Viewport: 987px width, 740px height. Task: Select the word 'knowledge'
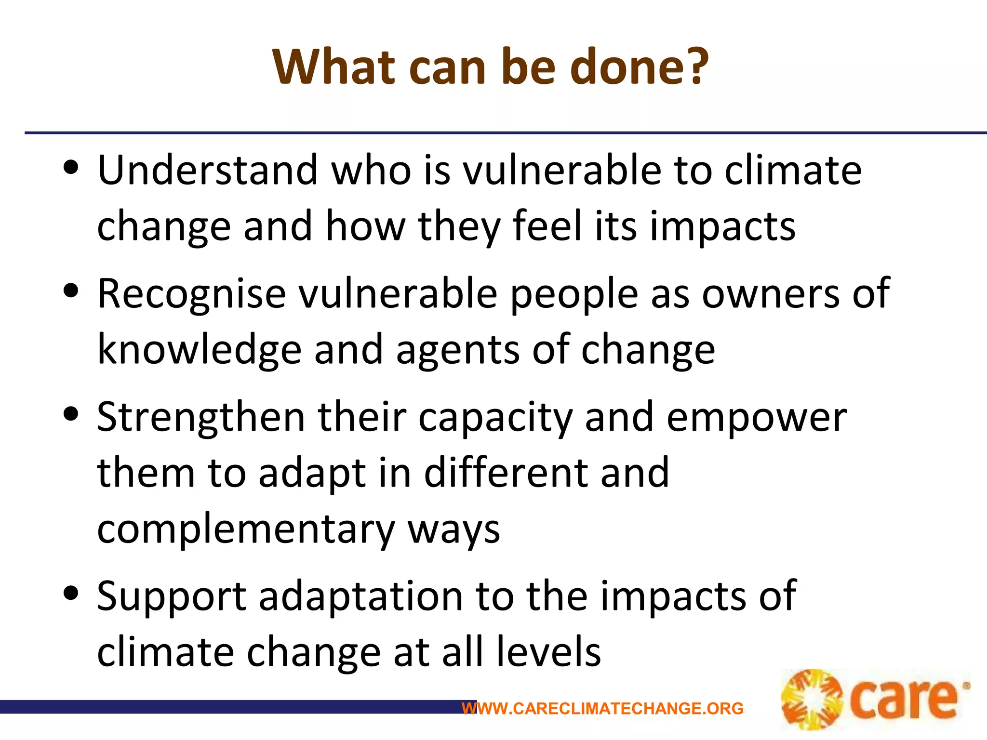click(199, 350)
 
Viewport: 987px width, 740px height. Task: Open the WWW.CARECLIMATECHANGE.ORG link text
click(602, 709)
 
